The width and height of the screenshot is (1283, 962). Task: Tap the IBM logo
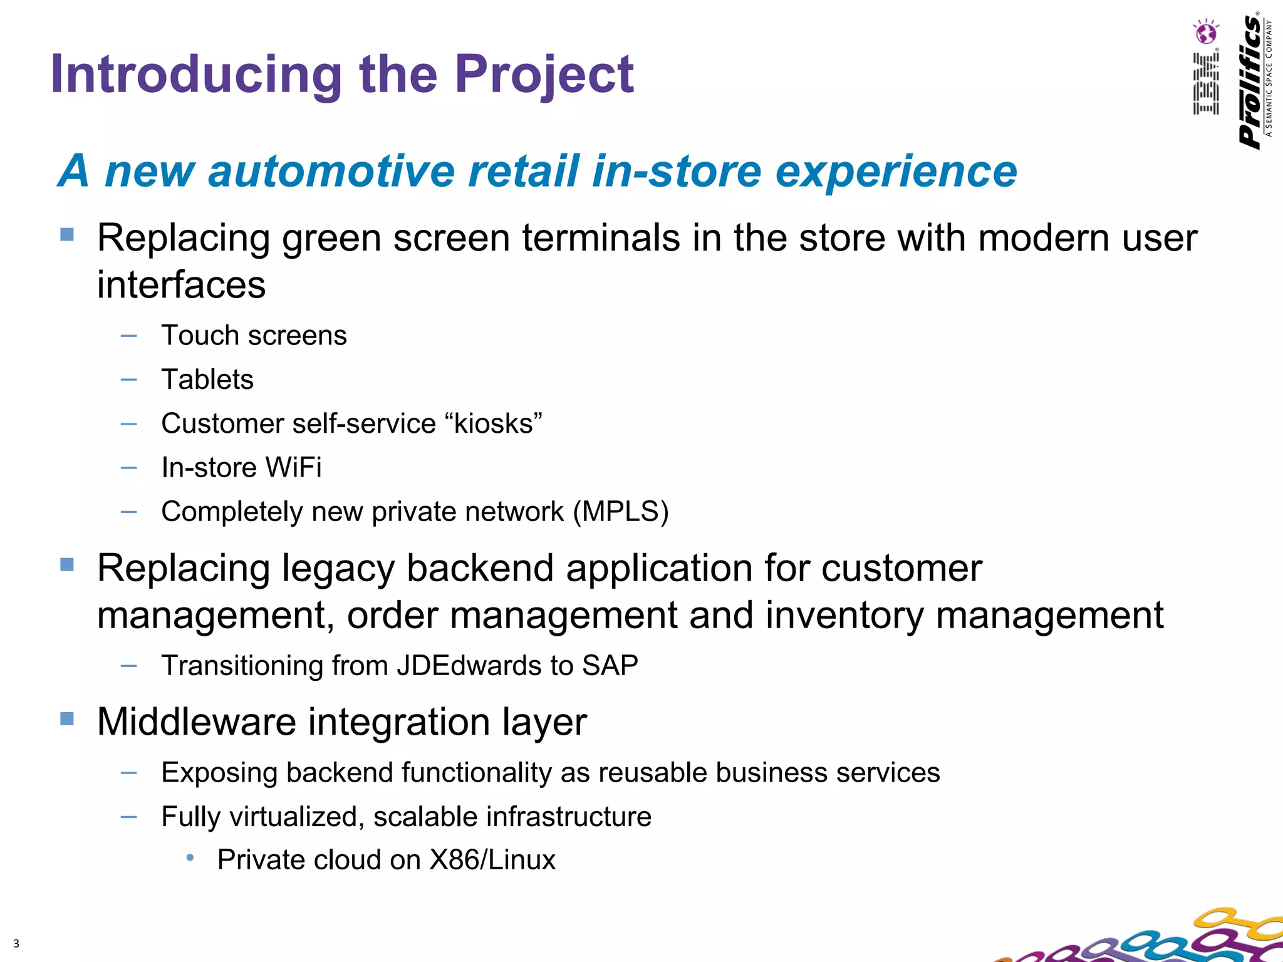click(1206, 84)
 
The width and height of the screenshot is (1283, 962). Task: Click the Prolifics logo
click(1251, 81)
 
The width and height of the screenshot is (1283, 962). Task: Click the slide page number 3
click(16, 943)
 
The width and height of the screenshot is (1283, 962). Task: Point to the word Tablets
click(207, 380)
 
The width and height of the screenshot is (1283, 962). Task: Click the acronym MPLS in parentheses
click(621, 512)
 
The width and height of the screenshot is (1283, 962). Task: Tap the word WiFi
click(293, 468)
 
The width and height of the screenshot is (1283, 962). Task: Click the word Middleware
click(197, 722)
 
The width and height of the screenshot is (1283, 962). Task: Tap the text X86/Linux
click(492, 860)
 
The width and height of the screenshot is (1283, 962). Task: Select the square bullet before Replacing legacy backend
click(67, 564)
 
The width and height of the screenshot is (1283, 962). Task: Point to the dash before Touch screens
click(128, 336)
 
